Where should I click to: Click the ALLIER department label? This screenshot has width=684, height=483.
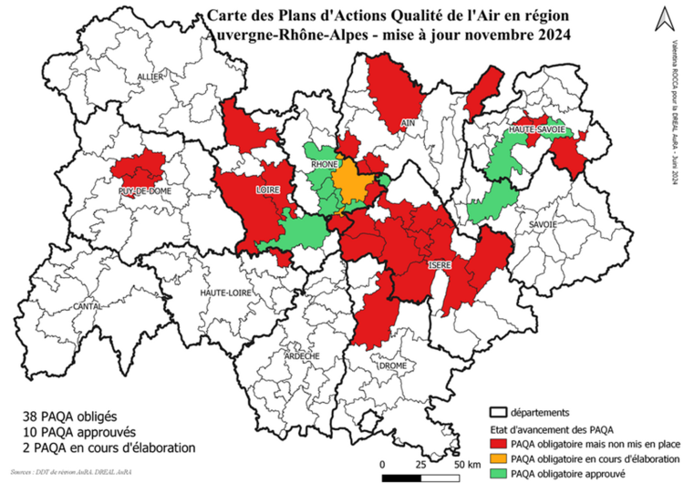click(150, 77)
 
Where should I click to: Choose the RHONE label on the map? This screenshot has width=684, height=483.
click(326, 165)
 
